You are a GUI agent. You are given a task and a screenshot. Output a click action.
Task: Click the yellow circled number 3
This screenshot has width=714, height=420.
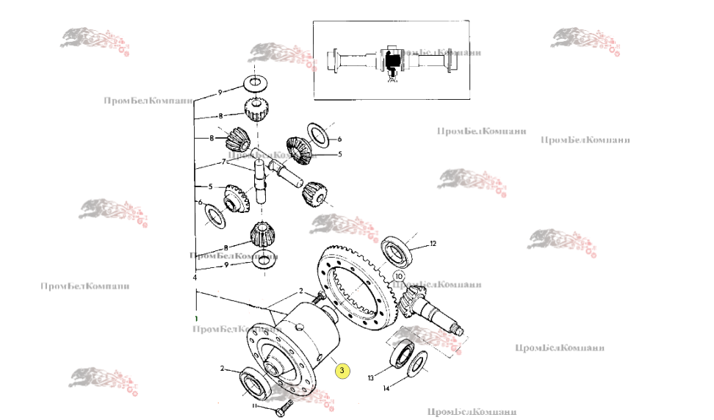click(x=342, y=372)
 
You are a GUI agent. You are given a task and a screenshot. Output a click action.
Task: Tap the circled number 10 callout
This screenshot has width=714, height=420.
click(x=399, y=277)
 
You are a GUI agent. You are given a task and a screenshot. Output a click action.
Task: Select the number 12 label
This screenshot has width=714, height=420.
click(x=433, y=243)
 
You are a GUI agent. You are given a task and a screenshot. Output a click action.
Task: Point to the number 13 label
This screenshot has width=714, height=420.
click(x=370, y=377)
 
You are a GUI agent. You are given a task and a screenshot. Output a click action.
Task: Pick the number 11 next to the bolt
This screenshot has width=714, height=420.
click(x=255, y=406)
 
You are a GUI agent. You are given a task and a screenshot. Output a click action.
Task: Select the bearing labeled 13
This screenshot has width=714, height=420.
click(x=401, y=354)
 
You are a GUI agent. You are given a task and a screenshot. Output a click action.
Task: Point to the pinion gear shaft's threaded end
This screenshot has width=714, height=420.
click(x=458, y=330)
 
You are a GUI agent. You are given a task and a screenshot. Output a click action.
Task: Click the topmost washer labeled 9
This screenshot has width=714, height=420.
click(x=254, y=81)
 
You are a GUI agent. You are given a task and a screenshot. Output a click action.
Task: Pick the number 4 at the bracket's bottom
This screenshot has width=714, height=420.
click(x=195, y=279)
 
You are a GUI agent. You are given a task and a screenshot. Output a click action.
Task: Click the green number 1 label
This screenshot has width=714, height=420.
click(x=197, y=318)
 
